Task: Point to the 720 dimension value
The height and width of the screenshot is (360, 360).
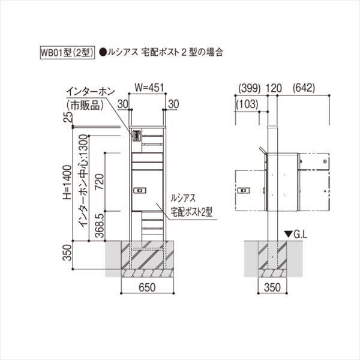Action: [100, 181]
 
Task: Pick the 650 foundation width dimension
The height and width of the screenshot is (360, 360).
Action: [148, 288]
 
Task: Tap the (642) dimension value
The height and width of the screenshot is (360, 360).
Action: [305, 88]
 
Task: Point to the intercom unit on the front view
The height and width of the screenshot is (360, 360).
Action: [136, 136]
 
